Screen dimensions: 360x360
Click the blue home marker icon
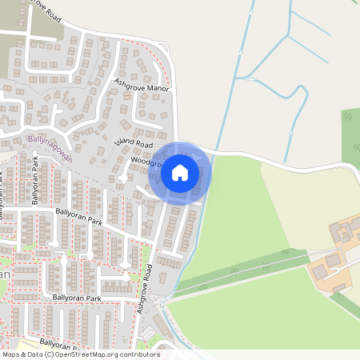[x=180, y=171]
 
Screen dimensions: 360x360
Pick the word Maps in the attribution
[x=12, y=354]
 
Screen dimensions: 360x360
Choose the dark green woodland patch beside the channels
[x=350, y=128]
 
